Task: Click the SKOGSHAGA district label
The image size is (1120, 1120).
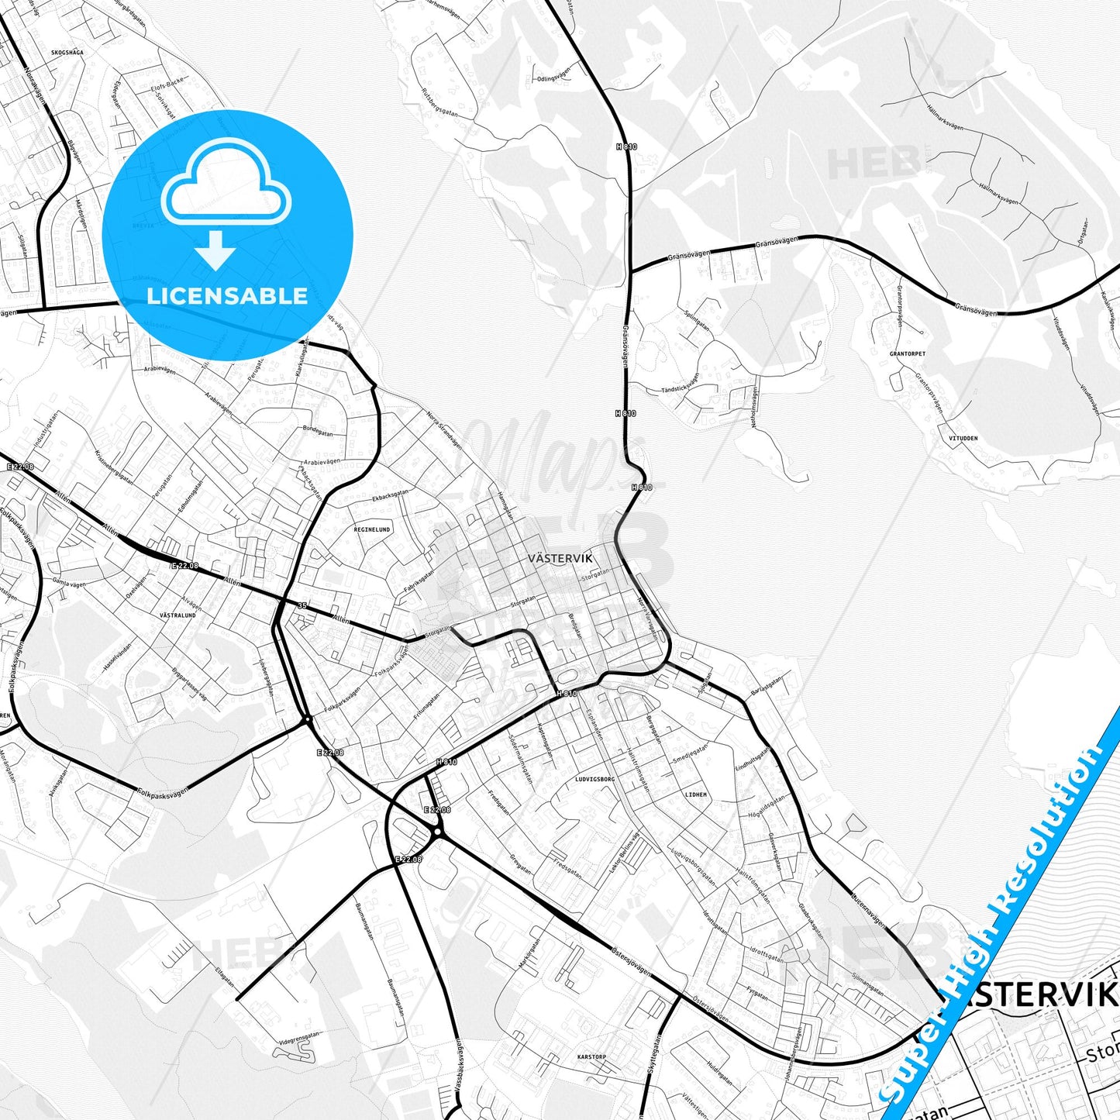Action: click(67, 53)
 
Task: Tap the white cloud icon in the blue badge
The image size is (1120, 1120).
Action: click(226, 184)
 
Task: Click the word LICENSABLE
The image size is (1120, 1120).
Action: click(227, 295)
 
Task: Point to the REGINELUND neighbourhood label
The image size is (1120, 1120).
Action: click(372, 529)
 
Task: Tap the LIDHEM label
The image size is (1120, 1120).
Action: click(696, 794)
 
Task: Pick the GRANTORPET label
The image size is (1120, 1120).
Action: click(907, 353)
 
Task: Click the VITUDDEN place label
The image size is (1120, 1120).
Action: click(963, 438)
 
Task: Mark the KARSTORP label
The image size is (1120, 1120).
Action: click(593, 1056)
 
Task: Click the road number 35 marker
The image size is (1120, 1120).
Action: click(302, 605)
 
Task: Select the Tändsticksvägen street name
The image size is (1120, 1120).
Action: click(681, 384)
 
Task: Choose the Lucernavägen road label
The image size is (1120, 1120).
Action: click(867, 908)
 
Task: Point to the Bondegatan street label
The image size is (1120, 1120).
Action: click(318, 430)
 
